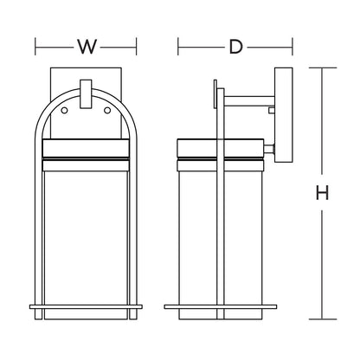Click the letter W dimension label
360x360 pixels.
(x=87, y=47)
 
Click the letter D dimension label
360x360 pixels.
(x=235, y=47)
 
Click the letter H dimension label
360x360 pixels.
(x=322, y=193)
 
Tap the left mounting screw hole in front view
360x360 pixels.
(x=64, y=110)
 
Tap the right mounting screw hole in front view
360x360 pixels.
(x=107, y=110)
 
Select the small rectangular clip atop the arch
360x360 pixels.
(x=86, y=94)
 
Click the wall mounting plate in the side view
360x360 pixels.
(x=284, y=115)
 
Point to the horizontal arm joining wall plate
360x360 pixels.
(x=249, y=100)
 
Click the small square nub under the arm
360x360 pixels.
(x=272, y=110)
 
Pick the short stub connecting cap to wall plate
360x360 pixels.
(x=269, y=149)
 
